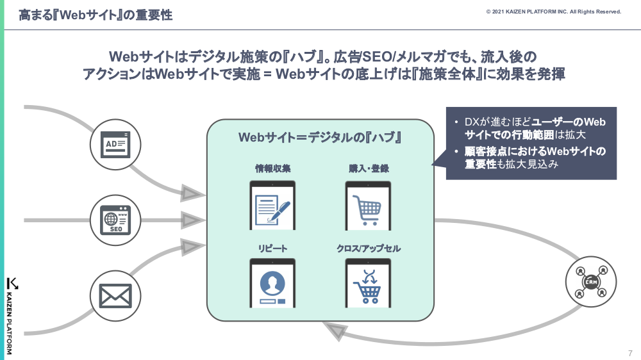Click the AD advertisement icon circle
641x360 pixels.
(116, 144)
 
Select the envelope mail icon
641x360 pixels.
(115, 295)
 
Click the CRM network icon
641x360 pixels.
(590, 281)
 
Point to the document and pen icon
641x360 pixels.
(272, 205)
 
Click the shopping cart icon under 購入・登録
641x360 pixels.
(368, 205)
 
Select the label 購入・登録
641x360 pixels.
(369, 169)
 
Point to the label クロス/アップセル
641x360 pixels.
(369, 249)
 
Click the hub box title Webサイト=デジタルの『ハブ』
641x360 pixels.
(320, 138)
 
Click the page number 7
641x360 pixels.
(630, 353)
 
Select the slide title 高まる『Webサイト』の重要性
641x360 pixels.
(96, 15)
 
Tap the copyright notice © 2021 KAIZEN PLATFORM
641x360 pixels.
(553, 12)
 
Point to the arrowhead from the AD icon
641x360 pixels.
(191, 192)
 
